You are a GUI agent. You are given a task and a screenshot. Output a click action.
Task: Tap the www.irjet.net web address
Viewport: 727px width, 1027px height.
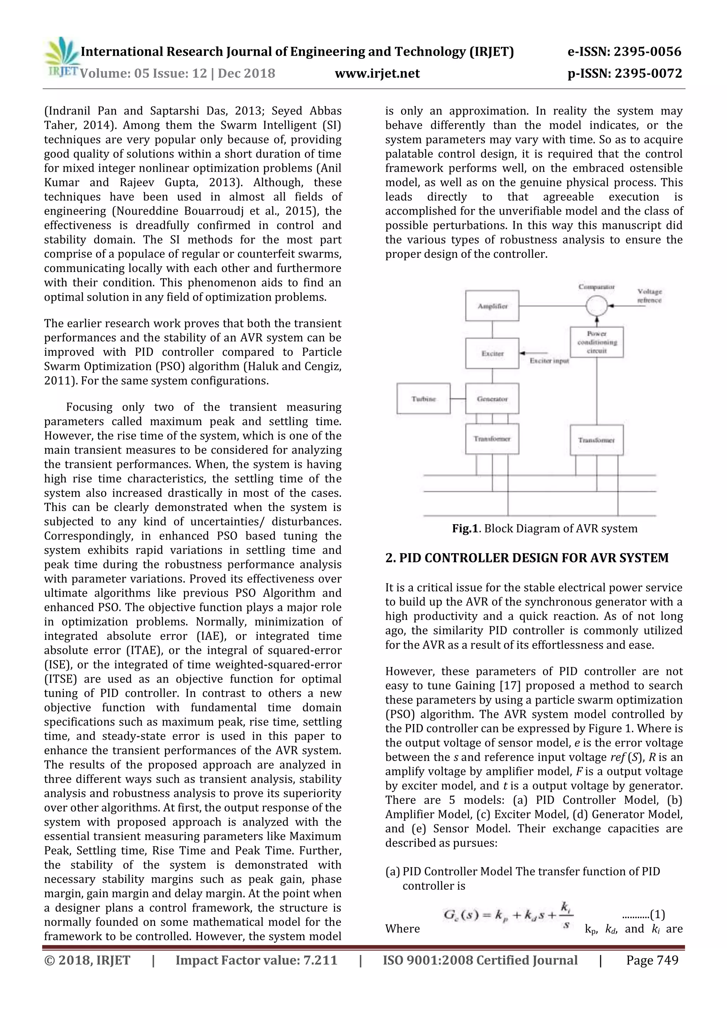(377, 73)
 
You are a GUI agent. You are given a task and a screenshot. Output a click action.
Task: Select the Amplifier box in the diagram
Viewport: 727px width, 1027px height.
(492, 306)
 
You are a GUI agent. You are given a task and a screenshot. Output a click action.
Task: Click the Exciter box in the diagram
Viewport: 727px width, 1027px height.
(492, 353)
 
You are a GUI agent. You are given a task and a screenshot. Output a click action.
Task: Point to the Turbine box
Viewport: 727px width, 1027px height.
(423, 399)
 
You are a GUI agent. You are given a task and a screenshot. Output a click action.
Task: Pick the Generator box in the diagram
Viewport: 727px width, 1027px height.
(492, 399)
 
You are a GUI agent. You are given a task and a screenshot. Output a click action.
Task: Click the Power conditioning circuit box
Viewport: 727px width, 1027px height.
(596, 342)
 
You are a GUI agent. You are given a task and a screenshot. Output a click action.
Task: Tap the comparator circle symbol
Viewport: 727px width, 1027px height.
(596, 306)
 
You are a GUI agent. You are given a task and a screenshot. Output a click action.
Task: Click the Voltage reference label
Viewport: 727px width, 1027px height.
(649, 296)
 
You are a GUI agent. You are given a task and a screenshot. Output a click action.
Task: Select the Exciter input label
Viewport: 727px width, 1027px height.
(549, 361)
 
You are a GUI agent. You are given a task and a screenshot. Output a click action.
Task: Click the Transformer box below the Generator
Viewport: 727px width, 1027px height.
(492, 439)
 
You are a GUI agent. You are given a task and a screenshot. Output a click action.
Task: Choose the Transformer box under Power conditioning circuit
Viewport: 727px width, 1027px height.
(596, 440)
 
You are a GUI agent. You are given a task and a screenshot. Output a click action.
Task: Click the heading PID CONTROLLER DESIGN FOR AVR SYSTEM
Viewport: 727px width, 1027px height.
(527, 558)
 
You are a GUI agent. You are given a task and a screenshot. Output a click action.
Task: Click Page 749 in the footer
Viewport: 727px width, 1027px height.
(652, 960)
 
